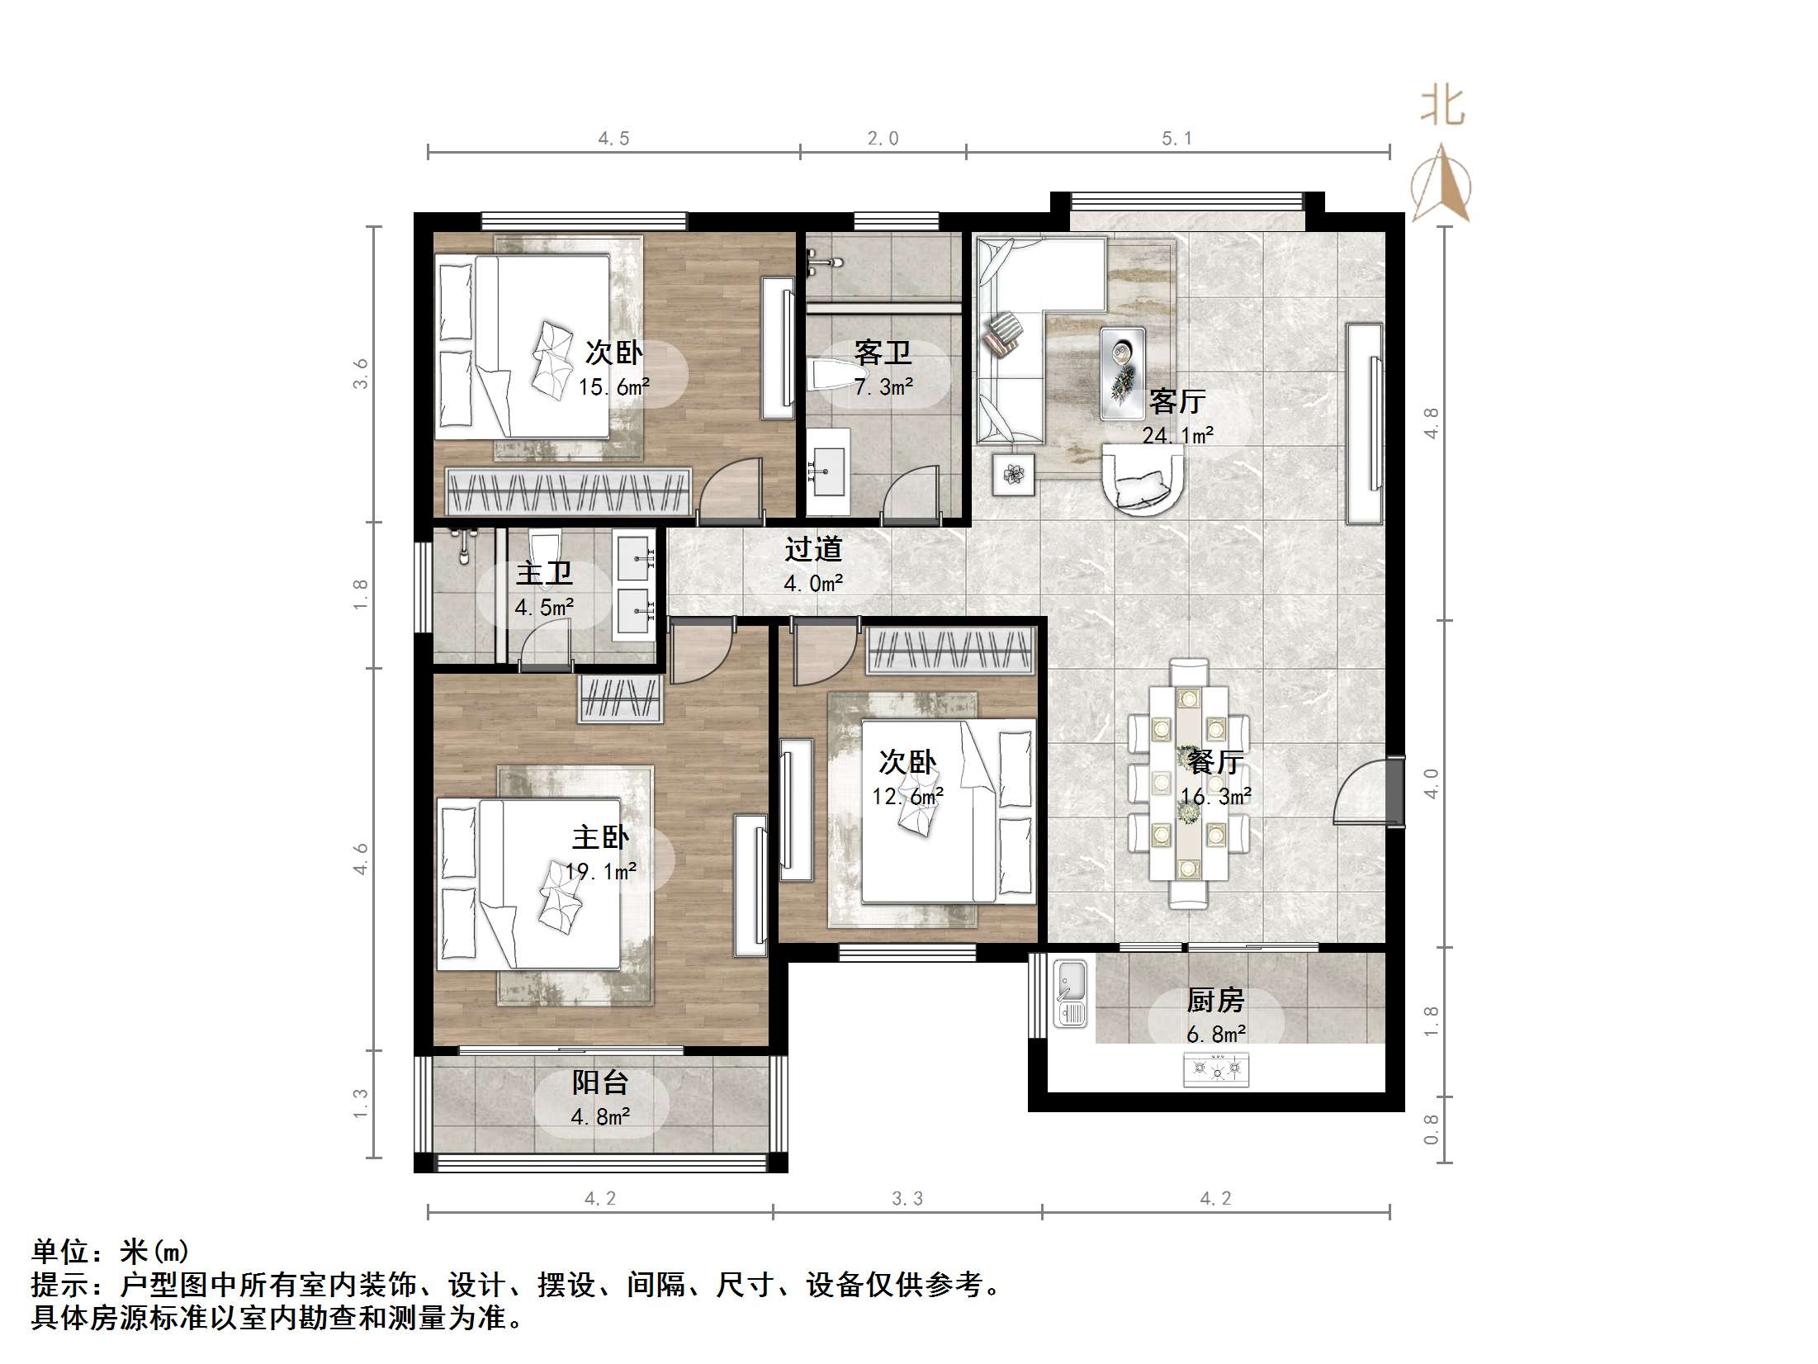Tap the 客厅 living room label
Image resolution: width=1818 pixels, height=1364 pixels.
(1177, 402)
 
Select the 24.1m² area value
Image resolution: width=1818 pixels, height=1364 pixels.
(1177, 435)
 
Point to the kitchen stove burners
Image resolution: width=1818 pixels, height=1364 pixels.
(1216, 1071)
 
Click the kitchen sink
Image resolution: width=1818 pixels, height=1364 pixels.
(1071, 994)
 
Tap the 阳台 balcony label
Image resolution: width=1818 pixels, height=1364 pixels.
(600, 1082)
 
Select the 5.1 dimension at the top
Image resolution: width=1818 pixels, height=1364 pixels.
(1176, 139)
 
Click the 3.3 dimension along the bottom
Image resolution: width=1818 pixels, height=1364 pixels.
(907, 1199)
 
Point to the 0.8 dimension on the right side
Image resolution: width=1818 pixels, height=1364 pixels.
(1431, 1130)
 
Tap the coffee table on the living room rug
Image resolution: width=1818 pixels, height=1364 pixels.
(1122, 373)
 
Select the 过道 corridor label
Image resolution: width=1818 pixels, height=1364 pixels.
(812, 549)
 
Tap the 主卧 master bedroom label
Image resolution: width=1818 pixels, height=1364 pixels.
(600, 838)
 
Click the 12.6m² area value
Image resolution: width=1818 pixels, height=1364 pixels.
(907, 797)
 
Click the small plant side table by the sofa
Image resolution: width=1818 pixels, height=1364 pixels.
(1013, 474)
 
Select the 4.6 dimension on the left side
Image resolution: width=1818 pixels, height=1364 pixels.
(361, 859)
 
